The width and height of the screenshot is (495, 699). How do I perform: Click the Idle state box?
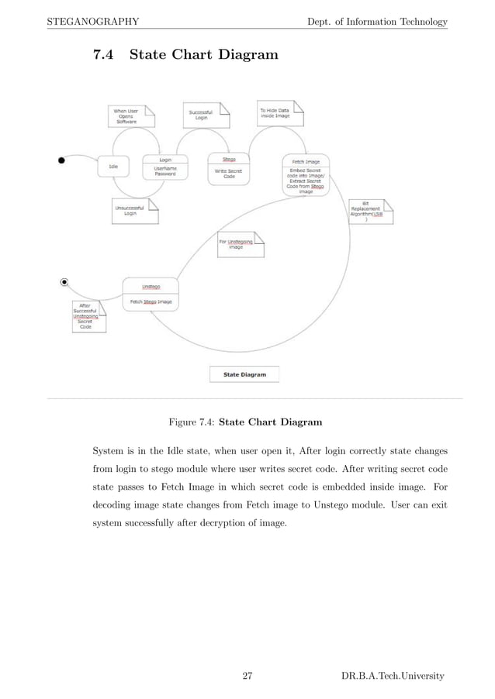[112, 166]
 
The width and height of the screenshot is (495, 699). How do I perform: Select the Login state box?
[164, 167]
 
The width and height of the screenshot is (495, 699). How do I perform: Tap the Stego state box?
[229, 167]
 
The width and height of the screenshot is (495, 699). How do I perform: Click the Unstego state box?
[151, 295]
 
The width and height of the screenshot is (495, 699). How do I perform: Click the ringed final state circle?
[65, 282]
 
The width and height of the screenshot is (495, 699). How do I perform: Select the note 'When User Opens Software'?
[130, 116]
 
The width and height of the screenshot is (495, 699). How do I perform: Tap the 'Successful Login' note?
[206, 115]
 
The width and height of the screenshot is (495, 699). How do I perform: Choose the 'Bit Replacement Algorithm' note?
[369, 212]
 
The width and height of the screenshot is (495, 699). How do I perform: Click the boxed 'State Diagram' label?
[244, 374]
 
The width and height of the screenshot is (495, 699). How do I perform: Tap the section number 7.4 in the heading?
[104, 56]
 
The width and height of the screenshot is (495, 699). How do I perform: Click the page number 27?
[247, 677]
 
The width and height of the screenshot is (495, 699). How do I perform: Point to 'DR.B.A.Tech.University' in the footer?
[393, 677]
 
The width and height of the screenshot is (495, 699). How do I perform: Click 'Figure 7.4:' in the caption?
[192, 422]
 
